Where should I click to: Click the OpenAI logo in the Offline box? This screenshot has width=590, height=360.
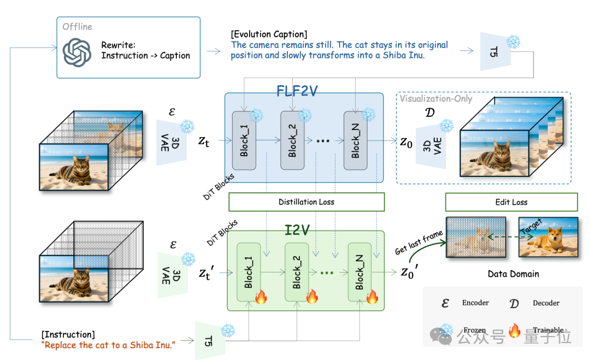[77, 52]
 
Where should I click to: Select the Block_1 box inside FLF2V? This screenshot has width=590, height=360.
[244, 140]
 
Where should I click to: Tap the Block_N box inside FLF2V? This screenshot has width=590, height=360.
[356, 140]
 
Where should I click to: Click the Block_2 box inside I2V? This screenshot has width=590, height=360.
[297, 272]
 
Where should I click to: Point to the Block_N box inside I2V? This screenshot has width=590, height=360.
[359, 272]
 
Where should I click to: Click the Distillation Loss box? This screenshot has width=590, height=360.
[306, 202]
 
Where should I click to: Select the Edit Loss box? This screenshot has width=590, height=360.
[511, 202]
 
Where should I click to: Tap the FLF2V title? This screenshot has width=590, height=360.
[297, 91]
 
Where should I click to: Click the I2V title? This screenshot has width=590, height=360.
[297, 230]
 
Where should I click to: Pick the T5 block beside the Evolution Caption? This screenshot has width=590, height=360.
[495, 51]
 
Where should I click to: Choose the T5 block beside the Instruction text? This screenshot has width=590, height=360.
[210, 341]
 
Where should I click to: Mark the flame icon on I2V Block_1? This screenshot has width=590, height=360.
[261, 297]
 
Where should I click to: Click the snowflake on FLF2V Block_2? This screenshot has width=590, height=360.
[305, 115]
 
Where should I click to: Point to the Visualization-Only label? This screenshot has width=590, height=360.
[436, 98]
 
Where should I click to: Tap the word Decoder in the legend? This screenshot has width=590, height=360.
[546, 303]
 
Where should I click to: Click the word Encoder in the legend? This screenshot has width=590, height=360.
[476, 303]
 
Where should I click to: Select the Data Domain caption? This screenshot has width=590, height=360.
[513, 274]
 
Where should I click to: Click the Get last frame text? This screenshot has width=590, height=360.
[419, 243]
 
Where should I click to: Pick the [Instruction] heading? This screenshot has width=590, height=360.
[68, 334]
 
